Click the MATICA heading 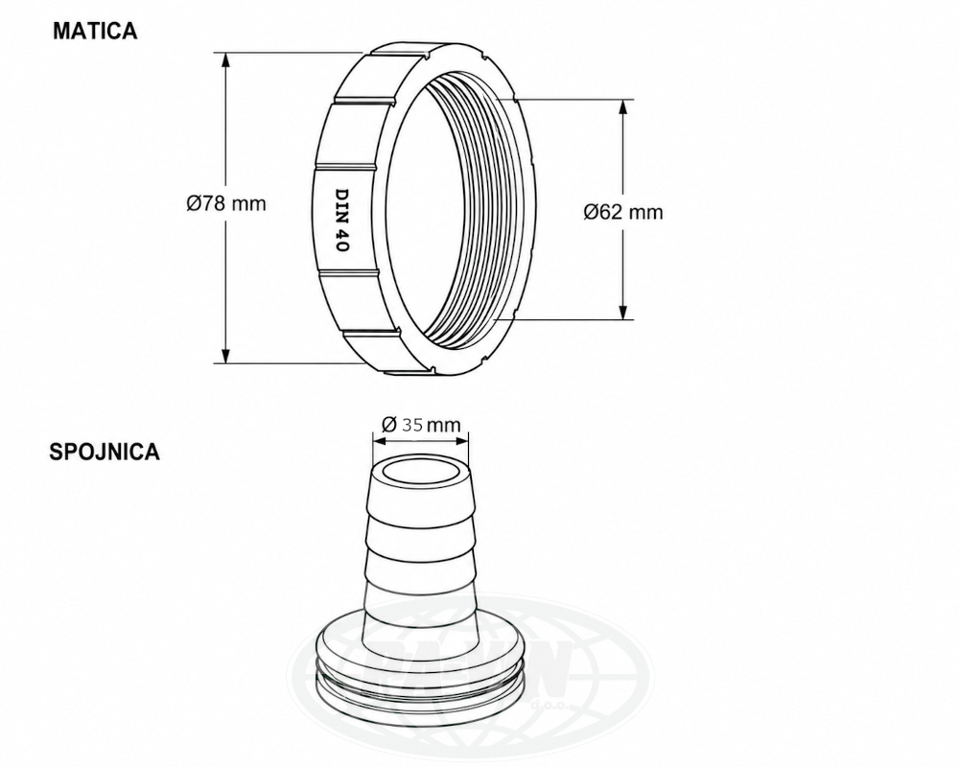tap(95, 31)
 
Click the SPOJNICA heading tap(105, 452)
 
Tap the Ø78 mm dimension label tap(226, 203)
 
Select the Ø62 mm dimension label tap(623, 212)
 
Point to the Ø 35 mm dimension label tap(421, 424)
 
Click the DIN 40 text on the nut tap(341, 220)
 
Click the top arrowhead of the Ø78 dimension tap(225, 61)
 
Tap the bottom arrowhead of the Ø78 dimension tap(225, 355)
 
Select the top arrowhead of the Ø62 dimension tap(623, 107)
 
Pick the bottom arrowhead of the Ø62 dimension tap(623, 311)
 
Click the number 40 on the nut tap(341, 241)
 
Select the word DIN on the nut tap(341, 202)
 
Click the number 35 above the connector tap(412, 424)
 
